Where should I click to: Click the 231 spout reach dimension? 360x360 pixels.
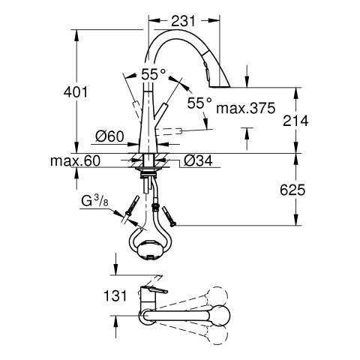(x=183, y=21)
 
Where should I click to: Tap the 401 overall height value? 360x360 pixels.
(x=76, y=92)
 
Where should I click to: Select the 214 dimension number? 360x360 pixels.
(x=295, y=121)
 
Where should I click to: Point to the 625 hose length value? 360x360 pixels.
(x=292, y=190)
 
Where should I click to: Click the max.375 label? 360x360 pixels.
(x=246, y=108)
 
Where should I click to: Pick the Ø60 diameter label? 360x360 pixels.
(x=109, y=136)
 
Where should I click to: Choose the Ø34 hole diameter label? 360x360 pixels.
(x=198, y=160)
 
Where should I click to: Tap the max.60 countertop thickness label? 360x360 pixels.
(x=75, y=161)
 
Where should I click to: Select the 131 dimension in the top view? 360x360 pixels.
(x=115, y=296)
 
